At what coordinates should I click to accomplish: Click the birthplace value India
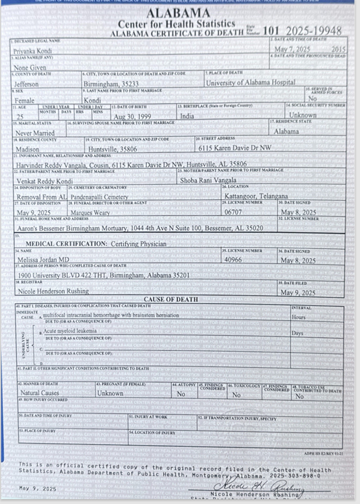point(187,116)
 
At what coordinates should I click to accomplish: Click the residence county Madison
point(27,149)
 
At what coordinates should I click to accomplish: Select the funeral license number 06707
point(233,213)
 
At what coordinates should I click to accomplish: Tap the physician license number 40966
point(235,260)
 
